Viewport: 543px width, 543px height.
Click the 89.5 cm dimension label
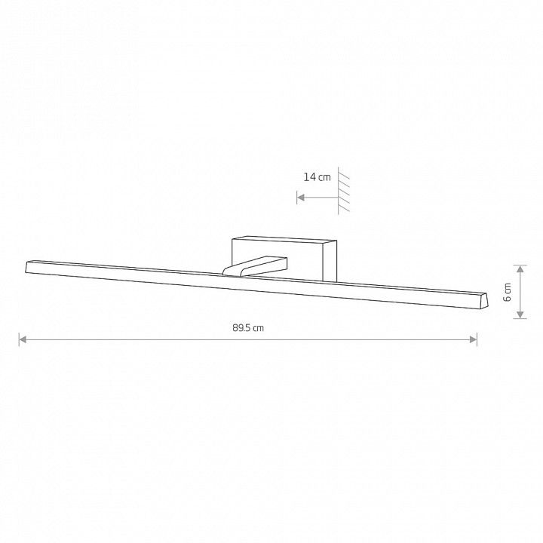248,327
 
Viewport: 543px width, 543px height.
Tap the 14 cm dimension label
318,177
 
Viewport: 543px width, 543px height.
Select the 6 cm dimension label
508,292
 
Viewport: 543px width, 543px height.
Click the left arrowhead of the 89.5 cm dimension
23,339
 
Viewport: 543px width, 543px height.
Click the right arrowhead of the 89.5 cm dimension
473,339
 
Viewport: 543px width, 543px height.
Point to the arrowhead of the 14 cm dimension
301,198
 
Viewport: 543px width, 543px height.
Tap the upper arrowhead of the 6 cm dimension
520,269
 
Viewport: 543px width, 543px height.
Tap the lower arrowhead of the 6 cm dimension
520,314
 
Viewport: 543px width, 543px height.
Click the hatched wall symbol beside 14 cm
344,191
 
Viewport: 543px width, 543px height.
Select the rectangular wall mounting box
284,259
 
